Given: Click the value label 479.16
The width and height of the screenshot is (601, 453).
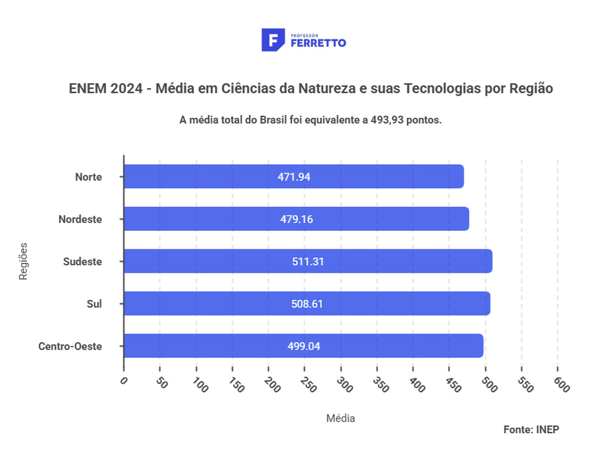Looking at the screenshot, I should click(296, 219).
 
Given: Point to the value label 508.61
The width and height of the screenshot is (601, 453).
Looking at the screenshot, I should click(308, 304).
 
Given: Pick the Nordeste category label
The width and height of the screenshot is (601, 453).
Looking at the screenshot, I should click(80, 219).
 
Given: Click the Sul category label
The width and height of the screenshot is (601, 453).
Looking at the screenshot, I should click(94, 304).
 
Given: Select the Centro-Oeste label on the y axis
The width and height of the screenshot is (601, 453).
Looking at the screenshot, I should click(70, 346).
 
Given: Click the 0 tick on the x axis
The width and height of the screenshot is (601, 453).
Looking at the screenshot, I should click(124, 381).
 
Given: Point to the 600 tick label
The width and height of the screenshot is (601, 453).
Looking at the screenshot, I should click(561, 385).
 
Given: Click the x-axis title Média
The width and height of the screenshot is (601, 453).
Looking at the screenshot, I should click(340, 418).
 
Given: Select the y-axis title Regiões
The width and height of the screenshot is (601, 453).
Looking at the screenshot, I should click(23, 261).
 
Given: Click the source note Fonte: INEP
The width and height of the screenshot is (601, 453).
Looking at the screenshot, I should click(531, 430).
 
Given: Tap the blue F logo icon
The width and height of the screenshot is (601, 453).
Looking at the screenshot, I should click(273, 40).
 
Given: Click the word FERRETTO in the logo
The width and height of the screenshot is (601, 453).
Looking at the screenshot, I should click(318, 43).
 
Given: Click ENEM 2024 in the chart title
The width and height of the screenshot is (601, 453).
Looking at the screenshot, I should click(106, 89).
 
